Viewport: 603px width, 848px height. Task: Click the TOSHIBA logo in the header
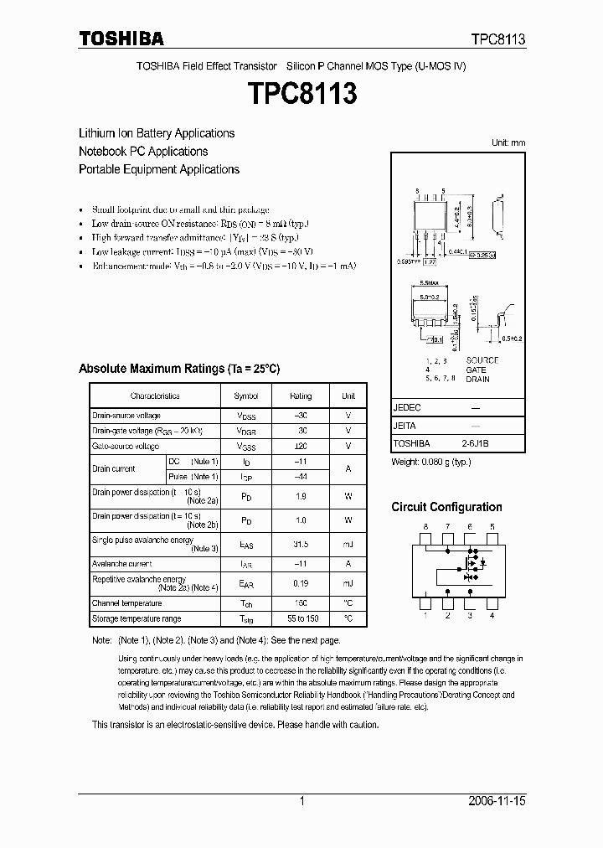click(121, 39)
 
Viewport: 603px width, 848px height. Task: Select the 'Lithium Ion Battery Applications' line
click(157, 133)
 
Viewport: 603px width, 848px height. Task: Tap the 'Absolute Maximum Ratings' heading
click(179, 369)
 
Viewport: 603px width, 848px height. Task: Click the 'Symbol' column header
click(245, 396)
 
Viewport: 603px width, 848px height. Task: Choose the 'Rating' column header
click(301, 396)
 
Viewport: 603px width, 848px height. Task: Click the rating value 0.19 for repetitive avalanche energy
click(301, 583)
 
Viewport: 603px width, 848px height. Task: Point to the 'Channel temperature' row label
click(126, 603)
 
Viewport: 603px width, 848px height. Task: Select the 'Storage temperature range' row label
click(137, 619)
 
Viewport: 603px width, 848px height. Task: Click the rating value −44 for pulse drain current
click(301, 477)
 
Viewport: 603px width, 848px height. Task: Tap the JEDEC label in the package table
click(407, 407)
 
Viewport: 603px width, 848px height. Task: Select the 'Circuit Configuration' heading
click(446, 507)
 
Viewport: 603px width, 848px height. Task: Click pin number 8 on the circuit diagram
click(425, 526)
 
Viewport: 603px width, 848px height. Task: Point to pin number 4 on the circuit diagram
click(492, 616)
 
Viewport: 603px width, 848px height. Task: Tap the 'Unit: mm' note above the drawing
click(508, 142)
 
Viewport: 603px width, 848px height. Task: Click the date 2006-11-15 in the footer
click(497, 802)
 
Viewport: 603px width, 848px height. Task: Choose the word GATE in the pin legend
click(477, 369)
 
